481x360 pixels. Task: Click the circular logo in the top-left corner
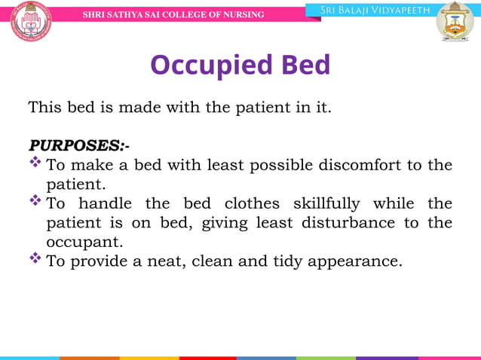[x=31, y=20]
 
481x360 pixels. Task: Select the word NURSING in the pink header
[x=240, y=14]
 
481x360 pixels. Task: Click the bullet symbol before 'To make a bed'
[x=35, y=163]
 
